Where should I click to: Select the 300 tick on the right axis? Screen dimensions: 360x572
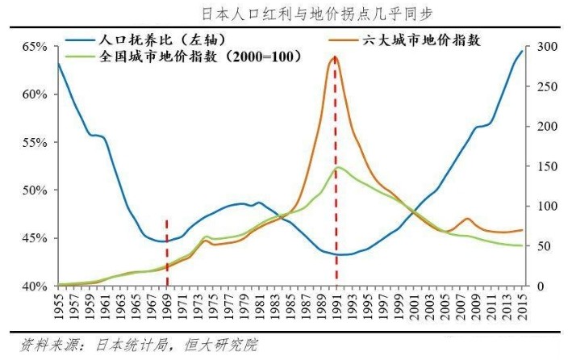(548, 47)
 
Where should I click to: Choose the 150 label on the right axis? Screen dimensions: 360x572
(548, 166)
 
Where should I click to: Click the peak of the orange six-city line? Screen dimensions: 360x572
(335, 57)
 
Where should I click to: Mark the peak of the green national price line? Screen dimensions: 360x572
(339, 167)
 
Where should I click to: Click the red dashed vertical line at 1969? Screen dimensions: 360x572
(167, 250)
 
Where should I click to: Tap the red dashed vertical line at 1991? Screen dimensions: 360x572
(336, 202)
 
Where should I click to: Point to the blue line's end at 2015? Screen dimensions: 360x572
(522, 52)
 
